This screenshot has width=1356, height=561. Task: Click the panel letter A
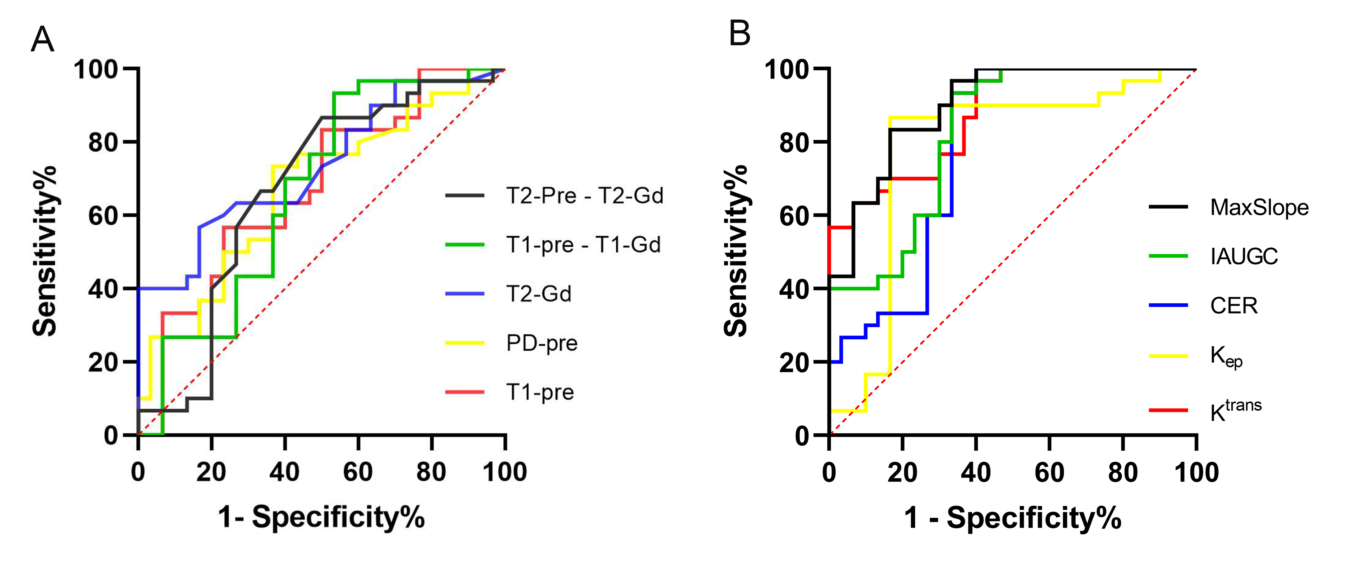(43, 39)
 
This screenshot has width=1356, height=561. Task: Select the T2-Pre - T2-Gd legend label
(584, 196)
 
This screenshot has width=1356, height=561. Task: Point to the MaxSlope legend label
(1259, 208)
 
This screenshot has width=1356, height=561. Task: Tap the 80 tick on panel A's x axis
(431, 472)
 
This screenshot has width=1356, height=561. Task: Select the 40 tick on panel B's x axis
(975, 472)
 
